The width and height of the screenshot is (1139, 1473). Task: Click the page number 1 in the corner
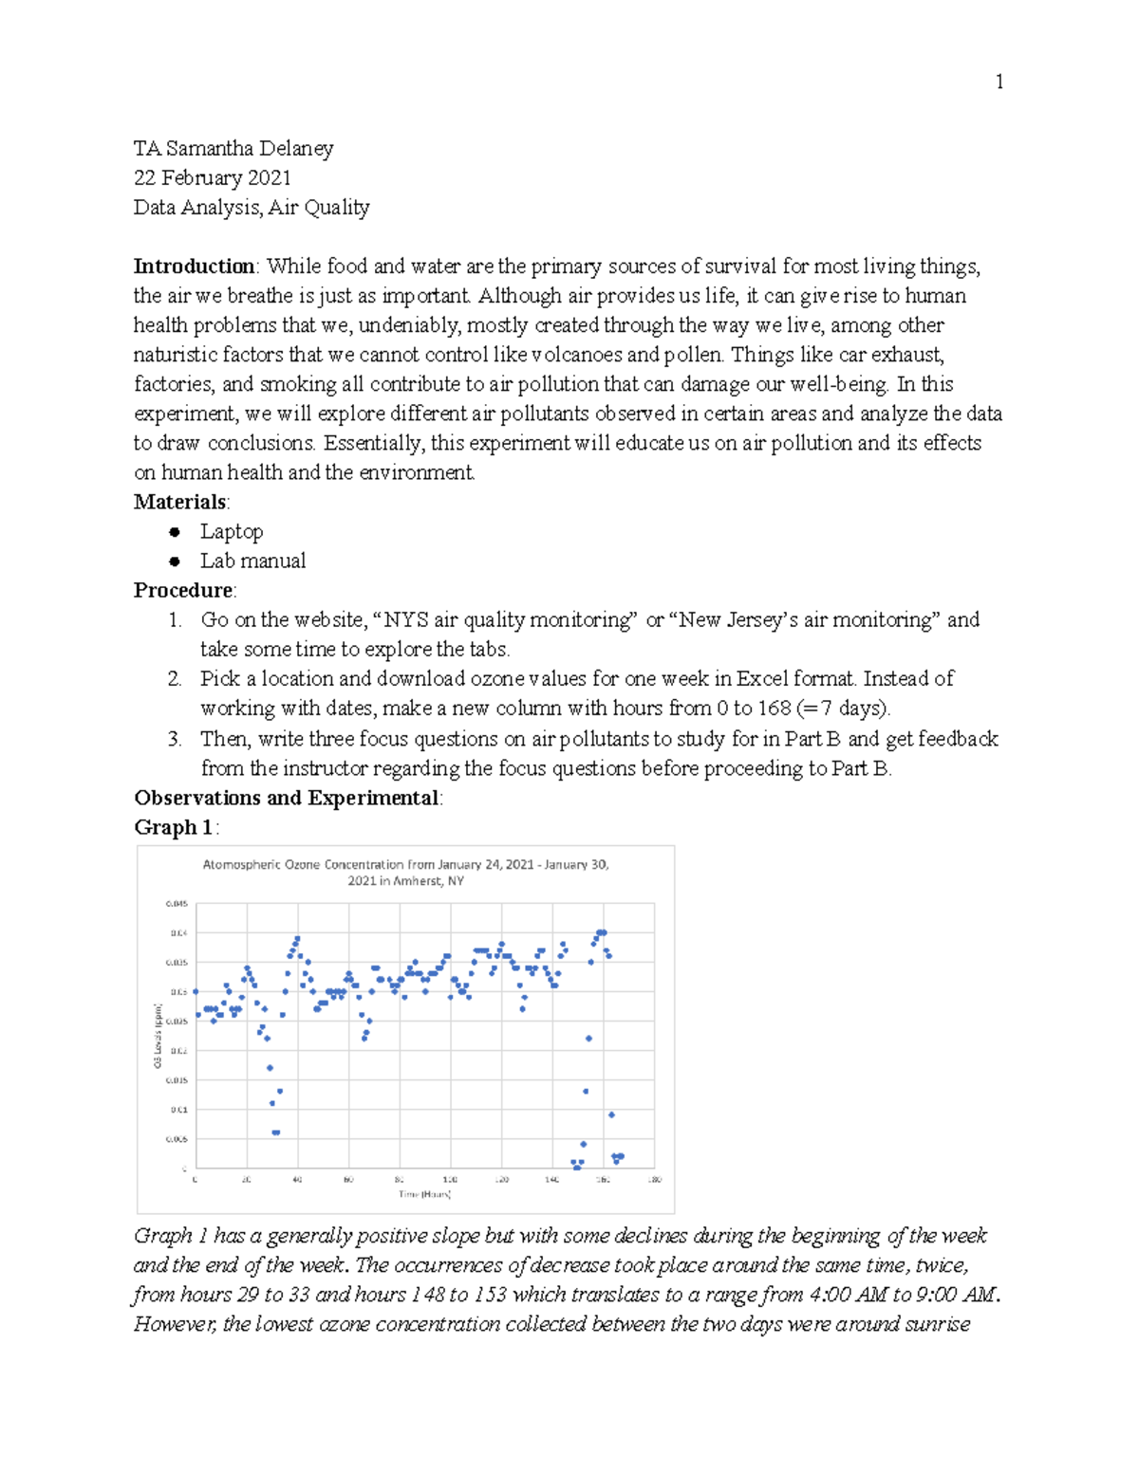(x=999, y=83)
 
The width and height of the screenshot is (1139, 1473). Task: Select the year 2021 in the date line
(x=268, y=178)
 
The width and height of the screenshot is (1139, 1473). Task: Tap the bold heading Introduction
(x=194, y=267)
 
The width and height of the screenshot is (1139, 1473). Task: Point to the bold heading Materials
(x=180, y=502)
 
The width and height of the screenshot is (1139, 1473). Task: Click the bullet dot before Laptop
(x=175, y=532)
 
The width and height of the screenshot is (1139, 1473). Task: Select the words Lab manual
(x=252, y=562)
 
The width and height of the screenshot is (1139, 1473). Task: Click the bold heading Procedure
(x=183, y=591)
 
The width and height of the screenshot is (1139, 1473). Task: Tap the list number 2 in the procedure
(x=175, y=679)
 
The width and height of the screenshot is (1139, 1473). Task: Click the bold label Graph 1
(x=174, y=827)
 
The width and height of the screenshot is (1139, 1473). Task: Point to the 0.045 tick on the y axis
(x=177, y=904)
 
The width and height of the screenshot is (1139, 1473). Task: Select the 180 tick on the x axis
(x=654, y=1180)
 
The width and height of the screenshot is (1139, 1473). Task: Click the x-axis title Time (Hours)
(x=424, y=1194)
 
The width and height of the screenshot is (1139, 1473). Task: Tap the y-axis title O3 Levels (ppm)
(x=158, y=1036)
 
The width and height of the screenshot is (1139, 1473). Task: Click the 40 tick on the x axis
(x=297, y=1180)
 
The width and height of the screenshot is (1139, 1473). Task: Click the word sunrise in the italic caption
(x=937, y=1324)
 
